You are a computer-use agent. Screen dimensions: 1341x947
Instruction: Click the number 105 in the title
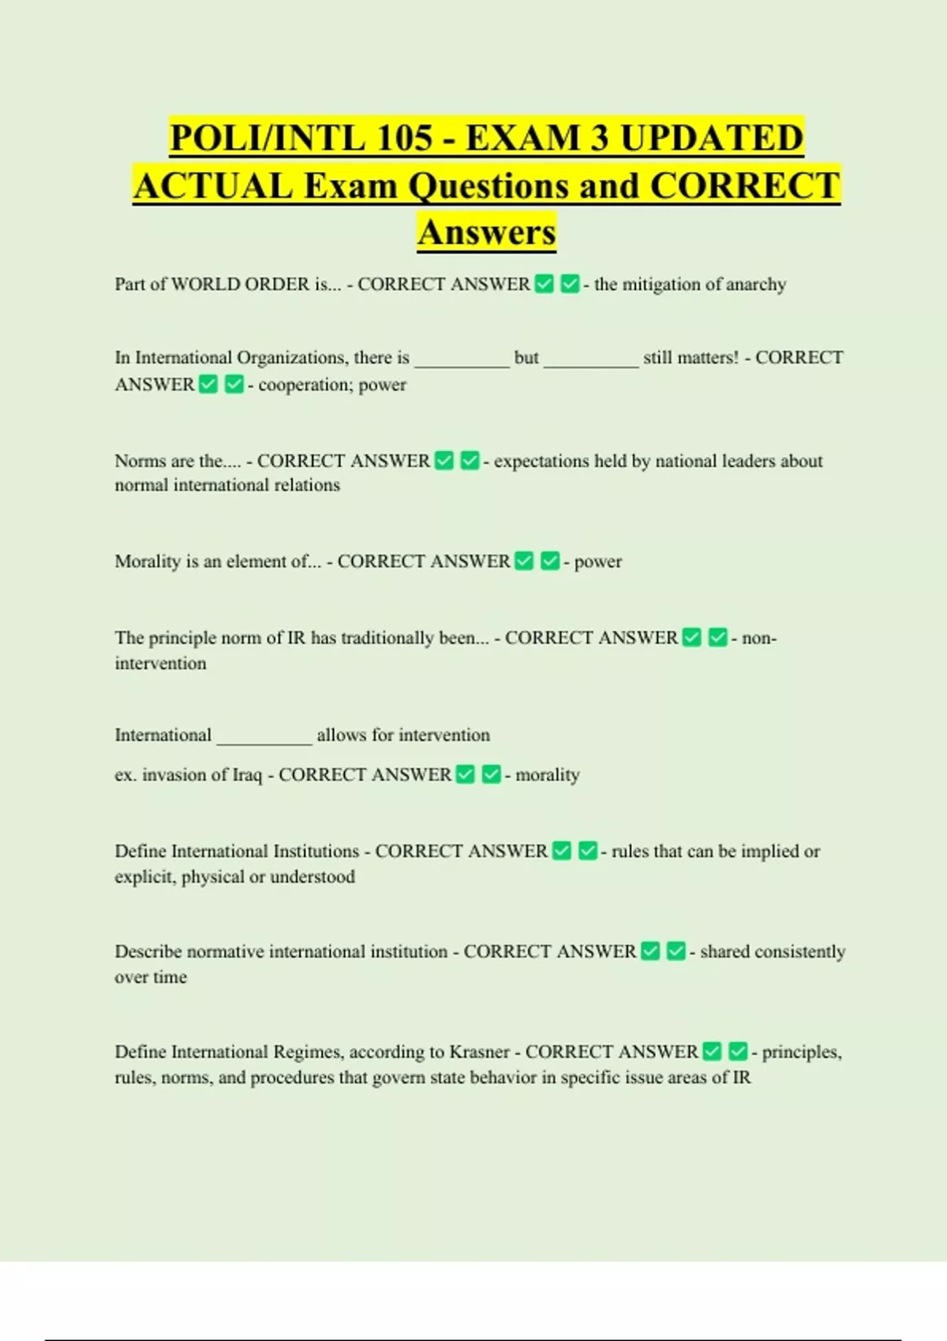click(x=405, y=138)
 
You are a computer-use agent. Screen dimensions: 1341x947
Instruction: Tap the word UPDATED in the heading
click(x=712, y=138)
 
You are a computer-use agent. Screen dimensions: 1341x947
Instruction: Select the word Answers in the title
click(x=487, y=232)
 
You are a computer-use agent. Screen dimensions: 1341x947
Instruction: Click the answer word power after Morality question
click(x=598, y=562)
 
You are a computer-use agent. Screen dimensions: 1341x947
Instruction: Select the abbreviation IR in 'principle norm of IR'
click(x=297, y=637)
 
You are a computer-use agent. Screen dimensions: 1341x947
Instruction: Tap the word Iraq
click(x=247, y=775)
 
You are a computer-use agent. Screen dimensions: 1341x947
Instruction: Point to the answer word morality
click(x=548, y=775)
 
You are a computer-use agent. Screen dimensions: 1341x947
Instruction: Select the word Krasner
click(x=480, y=1052)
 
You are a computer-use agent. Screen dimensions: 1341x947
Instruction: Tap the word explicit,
click(x=145, y=876)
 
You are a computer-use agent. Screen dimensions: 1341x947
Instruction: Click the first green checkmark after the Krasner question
click(x=712, y=1052)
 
